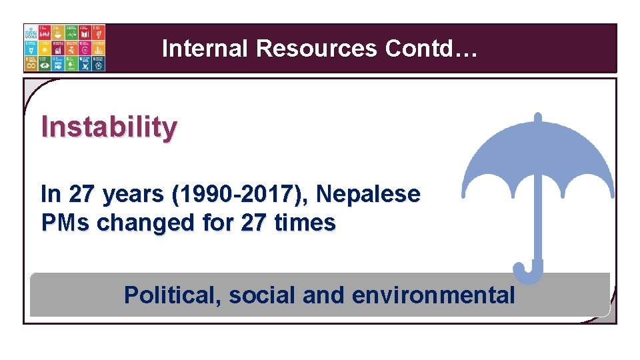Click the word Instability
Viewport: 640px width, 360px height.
point(109,127)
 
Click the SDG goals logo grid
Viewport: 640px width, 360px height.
point(64,47)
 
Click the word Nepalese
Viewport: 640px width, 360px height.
point(368,195)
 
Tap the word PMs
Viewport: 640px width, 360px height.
point(65,223)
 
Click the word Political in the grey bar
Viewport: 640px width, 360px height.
point(173,295)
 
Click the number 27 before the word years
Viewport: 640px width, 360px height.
point(81,195)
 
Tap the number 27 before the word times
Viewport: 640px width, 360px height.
point(254,223)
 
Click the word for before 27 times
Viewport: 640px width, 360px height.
point(219,223)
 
